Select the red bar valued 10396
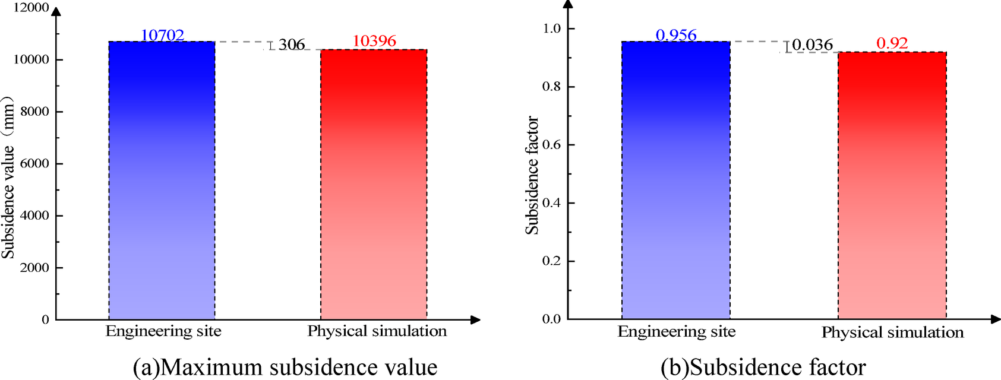pyautogui.click(x=374, y=185)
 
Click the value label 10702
pyautogui.click(x=162, y=35)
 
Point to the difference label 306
pyautogui.click(x=292, y=45)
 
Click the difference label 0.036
pyautogui.click(x=813, y=45)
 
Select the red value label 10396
pyautogui.click(x=374, y=41)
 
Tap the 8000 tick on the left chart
pyautogui.click(x=34, y=112)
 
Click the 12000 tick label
pyautogui.click(x=31, y=8)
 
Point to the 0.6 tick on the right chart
pyautogui.click(x=551, y=145)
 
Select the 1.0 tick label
pyautogui.click(x=551, y=28)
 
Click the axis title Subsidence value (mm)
pyautogui.click(x=8, y=177)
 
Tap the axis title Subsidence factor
pyautogui.click(x=532, y=175)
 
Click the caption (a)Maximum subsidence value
pyautogui.click(x=285, y=367)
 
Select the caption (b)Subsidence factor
pyautogui.click(x=763, y=367)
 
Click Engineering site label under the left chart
pyautogui.click(x=163, y=331)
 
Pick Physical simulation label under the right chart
pyautogui.click(x=892, y=332)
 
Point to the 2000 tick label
pyautogui.click(x=34, y=268)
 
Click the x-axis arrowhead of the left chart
pyautogui.click(x=475, y=319)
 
